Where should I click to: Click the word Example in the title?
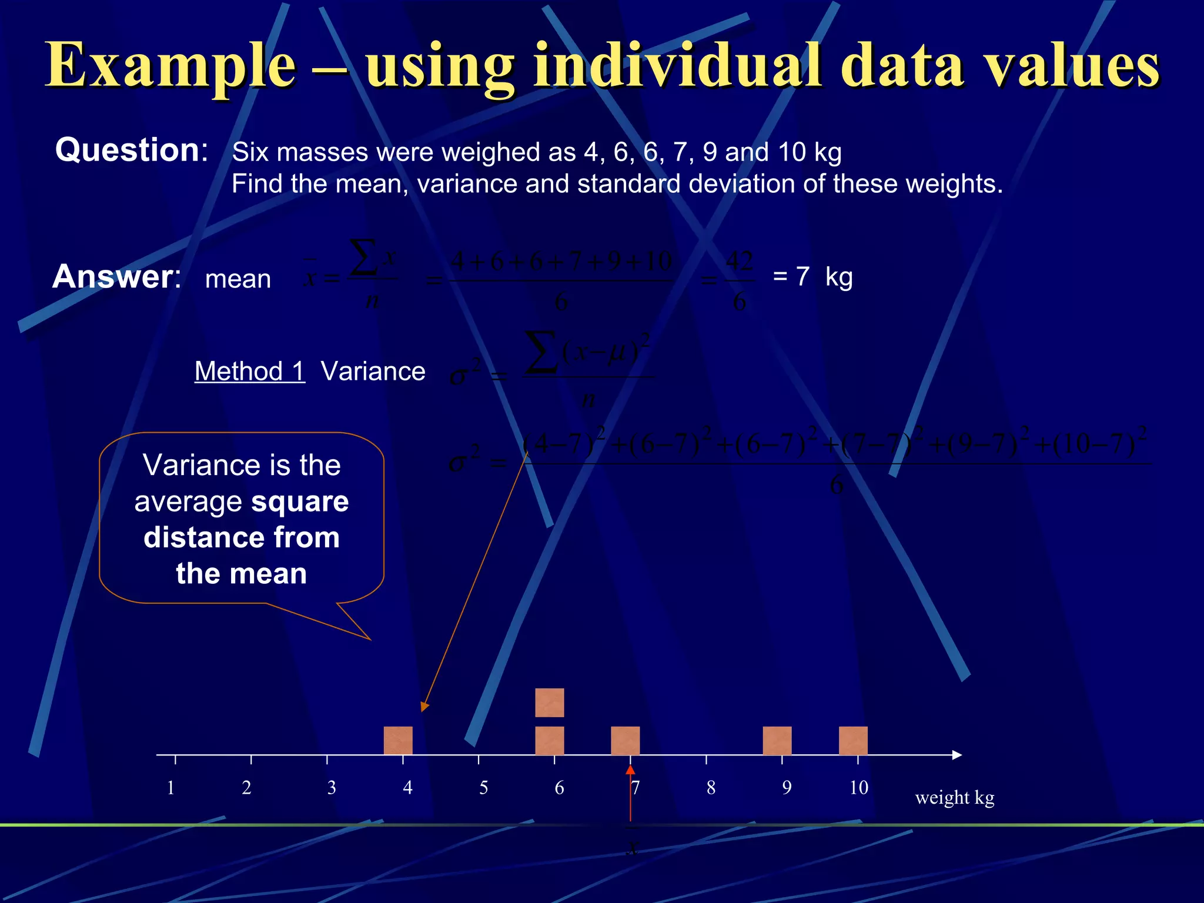pyautogui.click(x=170, y=66)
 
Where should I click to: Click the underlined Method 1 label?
pyautogui.click(x=250, y=372)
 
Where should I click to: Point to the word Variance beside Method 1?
pyautogui.click(x=373, y=372)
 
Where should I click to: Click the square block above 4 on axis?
pyautogui.click(x=398, y=740)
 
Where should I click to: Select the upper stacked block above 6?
pyautogui.click(x=550, y=703)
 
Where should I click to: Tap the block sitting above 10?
pyautogui.click(x=853, y=740)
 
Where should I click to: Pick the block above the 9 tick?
pyautogui.click(x=777, y=740)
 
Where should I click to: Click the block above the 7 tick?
pyautogui.click(x=626, y=740)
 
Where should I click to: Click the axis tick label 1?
pyautogui.click(x=170, y=788)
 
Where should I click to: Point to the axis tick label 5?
pyautogui.click(x=483, y=788)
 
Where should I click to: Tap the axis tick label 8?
pyautogui.click(x=711, y=788)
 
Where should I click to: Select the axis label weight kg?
pyautogui.click(x=955, y=798)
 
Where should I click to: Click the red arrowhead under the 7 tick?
pyautogui.click(x=630, y=770)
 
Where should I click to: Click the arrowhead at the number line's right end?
pyautogui.click(x=956, y=755)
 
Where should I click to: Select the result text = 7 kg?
pyautogui.click(x=812, y=276)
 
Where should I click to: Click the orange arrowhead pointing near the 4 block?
pyautogui.click(x=424, y=707)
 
